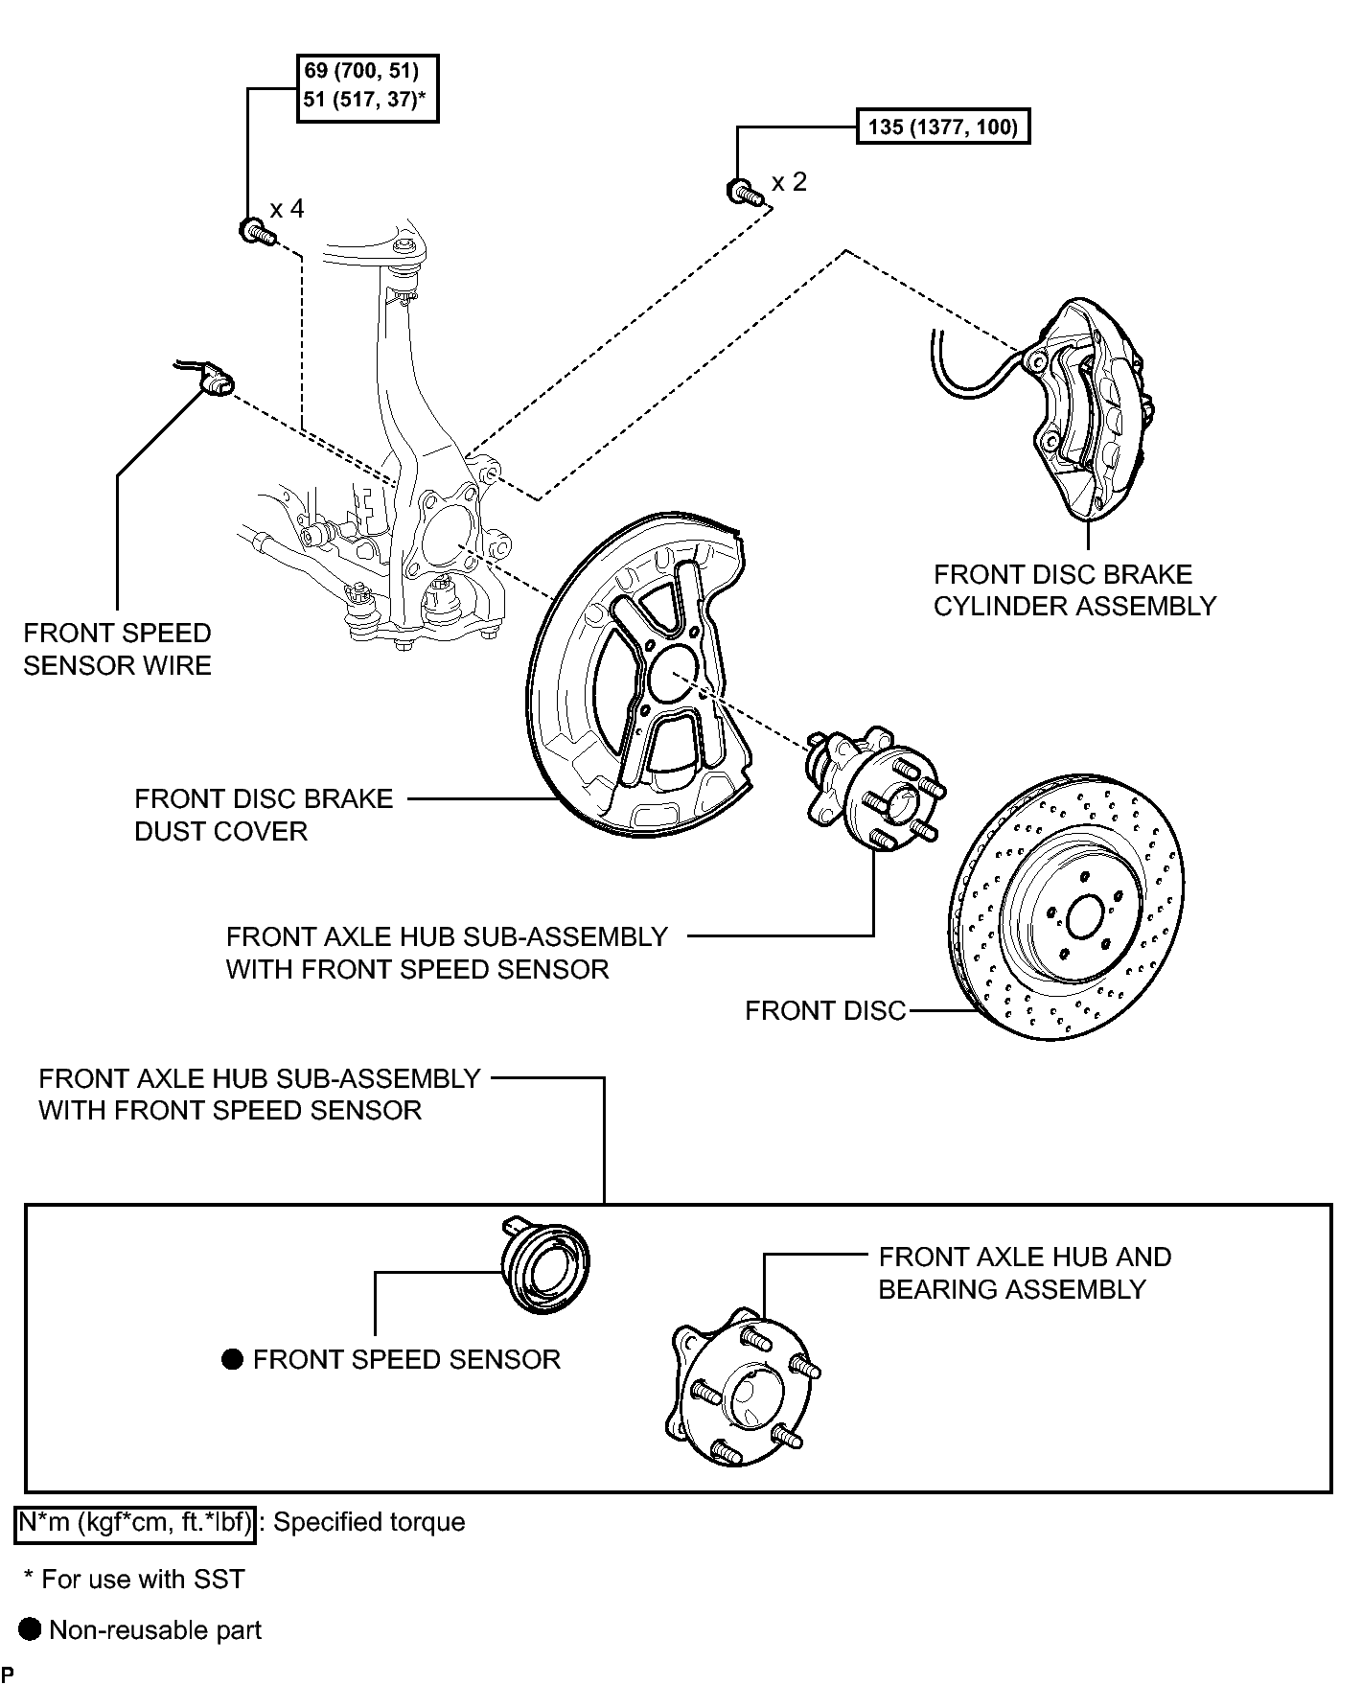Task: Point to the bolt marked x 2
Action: pos(742,190)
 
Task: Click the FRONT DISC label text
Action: pos(824,1011)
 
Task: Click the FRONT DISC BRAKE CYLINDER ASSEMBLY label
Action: pos(1073,590)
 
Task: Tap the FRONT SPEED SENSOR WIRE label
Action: pos(117,649)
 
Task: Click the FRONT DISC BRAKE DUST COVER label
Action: pos(264,815)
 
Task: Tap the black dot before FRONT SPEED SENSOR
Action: pos(232,1359)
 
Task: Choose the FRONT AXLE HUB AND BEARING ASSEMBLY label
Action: pos(1024,1273)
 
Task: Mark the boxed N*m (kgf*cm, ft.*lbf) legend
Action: pos(135,1523)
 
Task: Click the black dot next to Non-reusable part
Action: pos(31,1629)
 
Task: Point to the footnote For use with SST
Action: pos(134,1579)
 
